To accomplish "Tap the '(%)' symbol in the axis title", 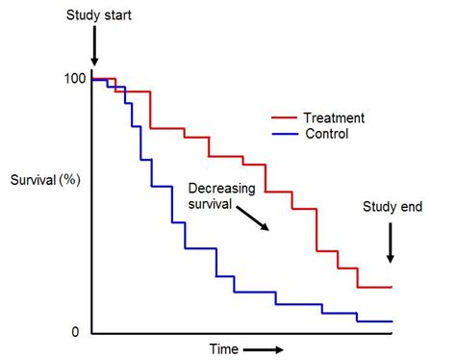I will coord(70,180).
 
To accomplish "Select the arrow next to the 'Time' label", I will coord(264,349).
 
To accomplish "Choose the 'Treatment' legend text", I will coord(334,117).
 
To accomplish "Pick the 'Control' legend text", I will coord(326,135).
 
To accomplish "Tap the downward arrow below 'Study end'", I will coord(390,244).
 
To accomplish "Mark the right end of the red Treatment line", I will coord(393,287).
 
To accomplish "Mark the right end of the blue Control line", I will coord(393,321).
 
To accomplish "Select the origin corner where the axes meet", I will coord(92,333).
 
